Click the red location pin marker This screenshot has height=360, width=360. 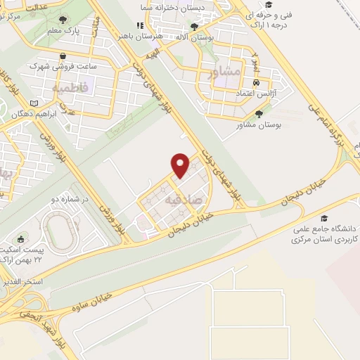[181, 165]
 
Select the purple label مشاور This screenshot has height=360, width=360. [225, 71]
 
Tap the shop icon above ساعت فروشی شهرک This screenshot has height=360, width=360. [63, 53]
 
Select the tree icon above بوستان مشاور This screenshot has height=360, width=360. [259, 113]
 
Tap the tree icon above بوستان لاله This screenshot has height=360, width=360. [194, 26]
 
